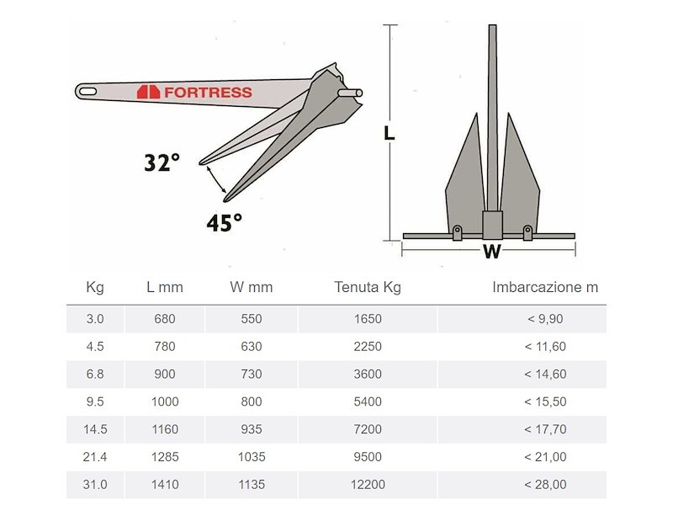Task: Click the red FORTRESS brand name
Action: tap(208, 93)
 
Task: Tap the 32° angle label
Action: tap(162, 162)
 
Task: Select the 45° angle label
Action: tap(224, 222)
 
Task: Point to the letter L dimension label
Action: tap(389, 134)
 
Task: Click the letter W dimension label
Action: tap(491, 251)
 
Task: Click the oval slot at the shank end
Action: tap(88, 92)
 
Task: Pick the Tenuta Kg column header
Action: tap(368, 287)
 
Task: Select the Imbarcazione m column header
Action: tap(545, 287)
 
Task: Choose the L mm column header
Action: tap(165, 287)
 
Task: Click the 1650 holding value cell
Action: tap(368, 319)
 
